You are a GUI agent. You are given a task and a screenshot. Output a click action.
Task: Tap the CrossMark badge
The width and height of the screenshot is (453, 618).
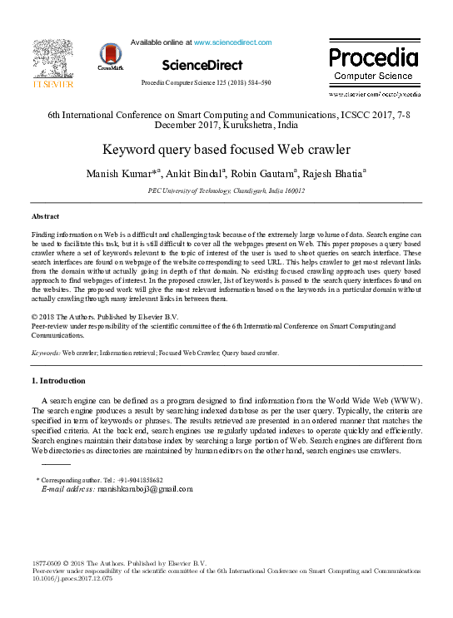click(x=110, y=56)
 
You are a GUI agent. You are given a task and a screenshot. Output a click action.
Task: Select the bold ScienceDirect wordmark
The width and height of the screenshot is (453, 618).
click(x=202, y=65)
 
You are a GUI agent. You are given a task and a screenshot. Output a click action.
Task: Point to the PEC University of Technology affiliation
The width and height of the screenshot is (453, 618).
click(x=226, y=190)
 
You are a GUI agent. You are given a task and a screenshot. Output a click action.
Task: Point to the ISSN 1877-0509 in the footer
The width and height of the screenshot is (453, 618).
click(x=48, y=564)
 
